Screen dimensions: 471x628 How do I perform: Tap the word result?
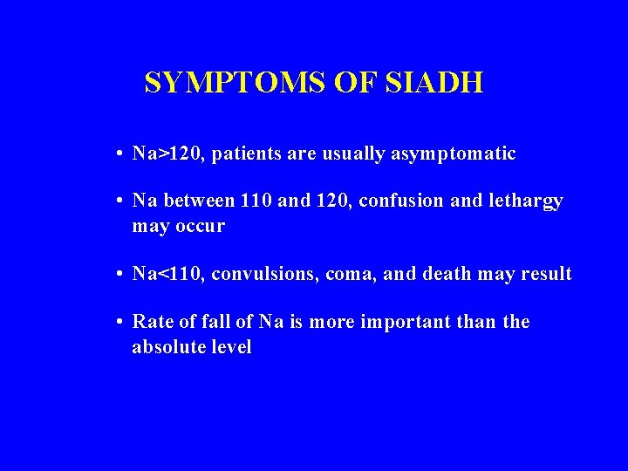point(545,275)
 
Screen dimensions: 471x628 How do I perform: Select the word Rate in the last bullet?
point(150,323)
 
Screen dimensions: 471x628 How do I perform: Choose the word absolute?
point(167,347)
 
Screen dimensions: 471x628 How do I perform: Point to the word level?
point(229,347)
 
